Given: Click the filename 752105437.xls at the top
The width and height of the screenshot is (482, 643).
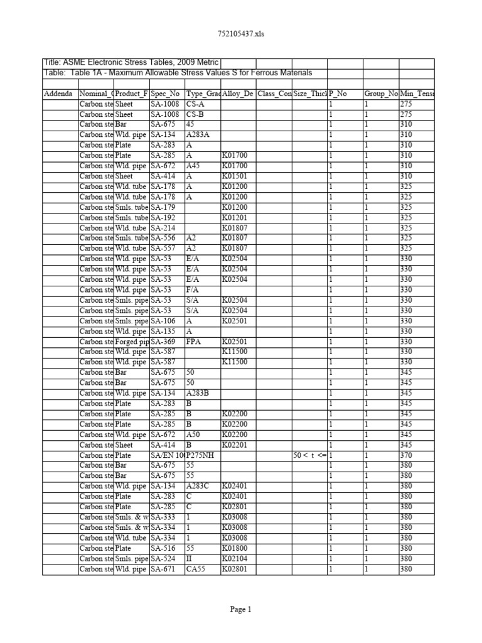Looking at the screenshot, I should click(x=240, y=34).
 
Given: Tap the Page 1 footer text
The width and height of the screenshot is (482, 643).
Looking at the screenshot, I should click(x=240, y=609).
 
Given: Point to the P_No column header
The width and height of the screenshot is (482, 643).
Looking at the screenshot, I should click(x=338, y=94).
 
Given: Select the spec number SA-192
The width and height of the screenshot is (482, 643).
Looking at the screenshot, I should click(x=164, y=218).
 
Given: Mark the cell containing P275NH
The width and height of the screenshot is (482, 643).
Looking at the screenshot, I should click(x=202, y=455).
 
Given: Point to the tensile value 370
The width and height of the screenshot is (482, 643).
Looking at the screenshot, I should click(x=407, y=455).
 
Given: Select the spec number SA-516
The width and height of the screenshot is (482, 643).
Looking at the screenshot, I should click(x=164, y=548).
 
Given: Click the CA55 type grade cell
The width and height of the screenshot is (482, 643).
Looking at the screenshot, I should click(x=198, y=569).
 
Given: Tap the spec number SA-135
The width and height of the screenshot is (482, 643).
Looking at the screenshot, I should click(x=164, y=332).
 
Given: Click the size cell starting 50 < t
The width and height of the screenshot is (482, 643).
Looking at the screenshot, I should click(x=309, y=455).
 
